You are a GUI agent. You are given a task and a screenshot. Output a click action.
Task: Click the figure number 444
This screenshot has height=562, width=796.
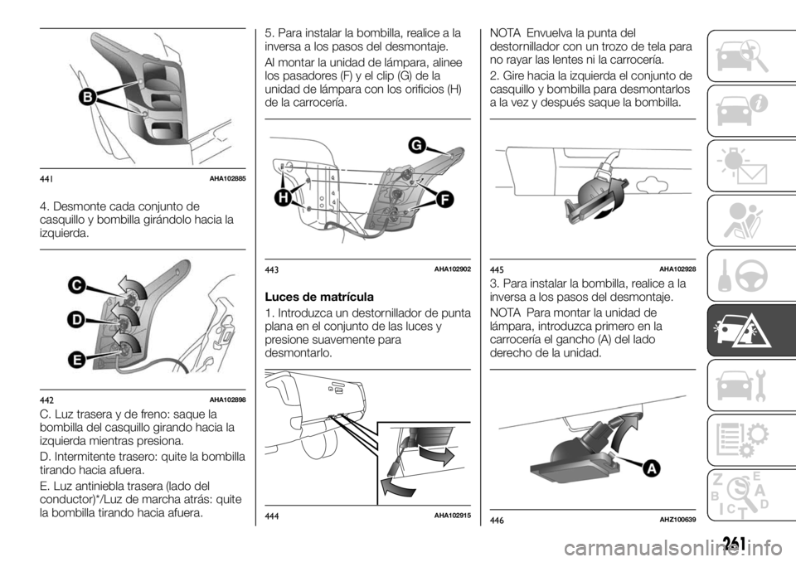pos(273,516)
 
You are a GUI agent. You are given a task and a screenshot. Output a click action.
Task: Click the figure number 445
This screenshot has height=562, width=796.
pos(498,270)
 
